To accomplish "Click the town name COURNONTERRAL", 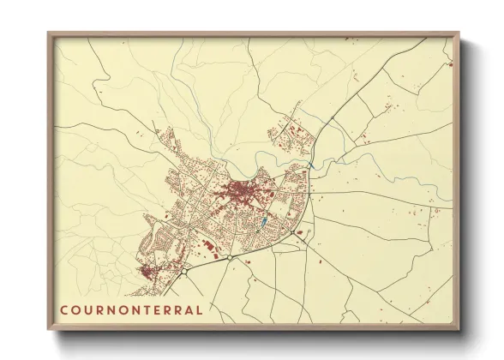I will pos(131,309).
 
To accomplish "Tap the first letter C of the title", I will pos(64,309).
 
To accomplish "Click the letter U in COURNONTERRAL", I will pos(87,309).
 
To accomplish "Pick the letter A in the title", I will pos(189,309).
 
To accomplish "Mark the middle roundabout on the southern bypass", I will pos(231,255).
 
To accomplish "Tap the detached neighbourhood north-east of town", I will pos(287,136).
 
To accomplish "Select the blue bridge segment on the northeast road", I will pos(310,163).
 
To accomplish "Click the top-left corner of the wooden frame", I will pos(49,34).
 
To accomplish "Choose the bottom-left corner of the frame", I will pos(49,328).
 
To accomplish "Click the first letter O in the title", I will pos(75,309).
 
